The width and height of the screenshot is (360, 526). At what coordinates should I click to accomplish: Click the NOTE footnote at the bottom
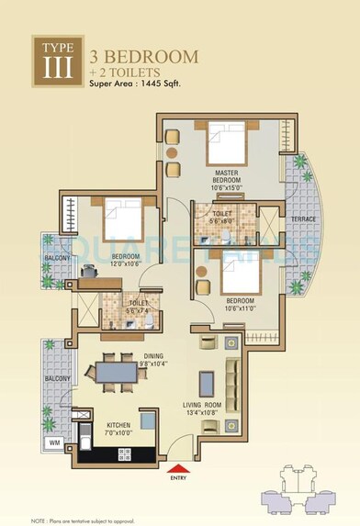(x=83, y=519)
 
